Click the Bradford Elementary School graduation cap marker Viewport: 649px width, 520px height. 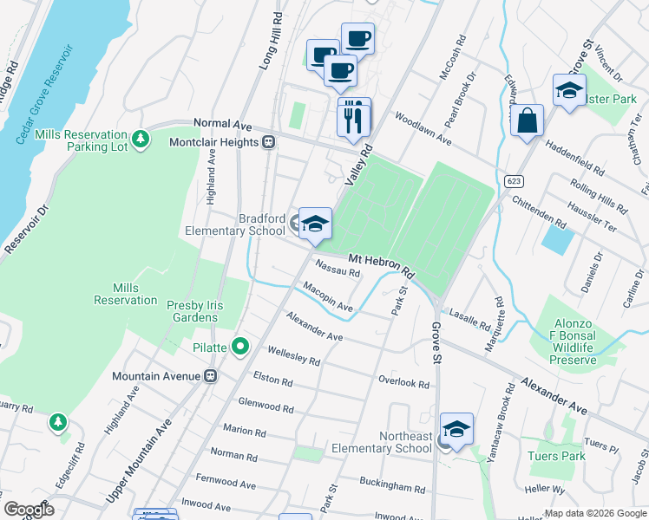point(316,224)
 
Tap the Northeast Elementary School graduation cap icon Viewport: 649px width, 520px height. point(456,429)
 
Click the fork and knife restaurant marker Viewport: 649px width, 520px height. point(353,118)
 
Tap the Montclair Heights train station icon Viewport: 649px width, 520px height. point(270,142)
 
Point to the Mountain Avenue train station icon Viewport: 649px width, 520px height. point(209,376)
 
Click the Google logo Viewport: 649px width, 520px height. point(29,510)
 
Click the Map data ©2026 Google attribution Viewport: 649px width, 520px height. point(594,513)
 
